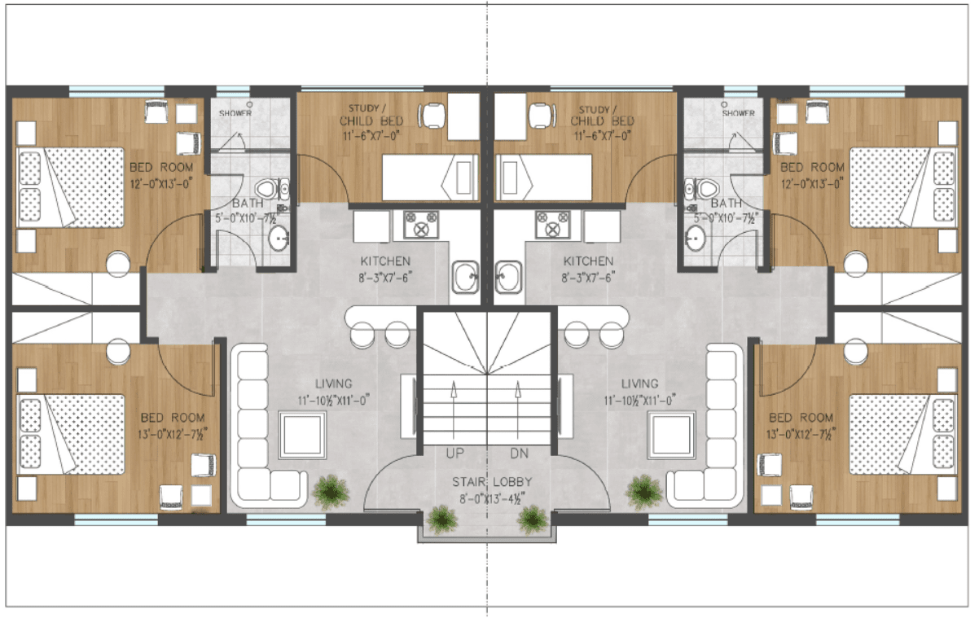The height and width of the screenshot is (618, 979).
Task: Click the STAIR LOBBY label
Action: coord(487,481)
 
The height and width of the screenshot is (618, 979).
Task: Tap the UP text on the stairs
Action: coord(455,452)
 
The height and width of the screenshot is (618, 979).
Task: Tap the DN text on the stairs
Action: coord(519,452)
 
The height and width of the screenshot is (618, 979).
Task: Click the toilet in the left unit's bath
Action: coord(279,190)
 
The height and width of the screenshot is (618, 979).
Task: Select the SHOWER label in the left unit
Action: coord(235,113)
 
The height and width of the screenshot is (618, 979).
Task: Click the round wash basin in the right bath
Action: coord(696,238)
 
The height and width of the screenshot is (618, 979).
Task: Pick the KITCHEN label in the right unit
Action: coord(589,261)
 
